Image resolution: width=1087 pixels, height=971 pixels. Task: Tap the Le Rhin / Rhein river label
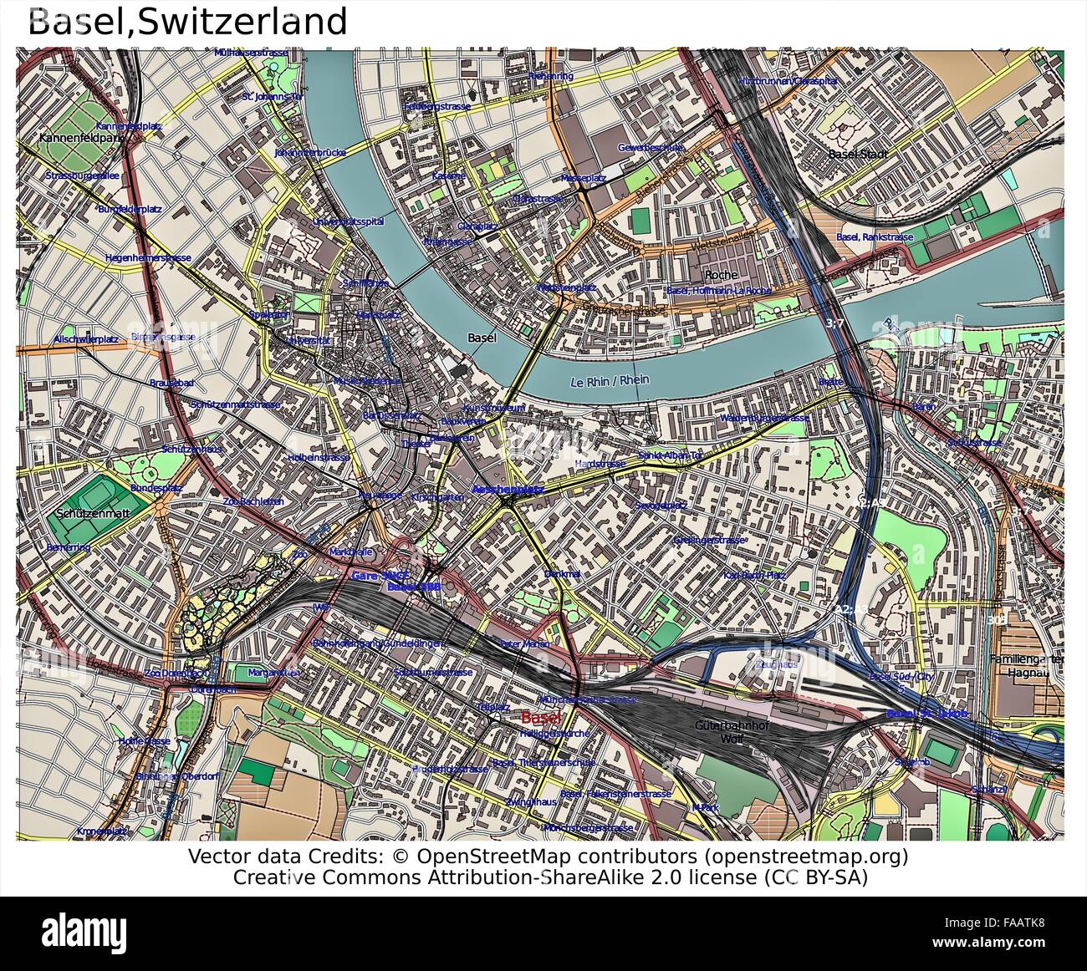click(x=609, y=380)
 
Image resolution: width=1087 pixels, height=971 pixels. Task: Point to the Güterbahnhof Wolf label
click(x=732, y=732)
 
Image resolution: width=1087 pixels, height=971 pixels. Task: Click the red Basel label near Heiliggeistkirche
click(x=541, y=718)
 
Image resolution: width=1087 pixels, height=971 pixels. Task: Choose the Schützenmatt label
click(x=93, y=513)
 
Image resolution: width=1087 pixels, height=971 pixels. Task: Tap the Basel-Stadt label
click(x=857, y=155)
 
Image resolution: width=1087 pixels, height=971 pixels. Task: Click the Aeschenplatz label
click(x=508, y=489)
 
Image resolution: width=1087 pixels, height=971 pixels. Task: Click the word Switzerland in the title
click(x=242, y=22)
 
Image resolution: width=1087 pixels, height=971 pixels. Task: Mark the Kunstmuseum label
click(x=493, y=408)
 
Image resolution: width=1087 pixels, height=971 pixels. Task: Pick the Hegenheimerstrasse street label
click(x=148, y=258)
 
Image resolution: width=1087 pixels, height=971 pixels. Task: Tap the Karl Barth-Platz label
click(x=754, y=576)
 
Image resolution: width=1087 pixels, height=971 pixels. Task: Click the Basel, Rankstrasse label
click(x=875, y=237)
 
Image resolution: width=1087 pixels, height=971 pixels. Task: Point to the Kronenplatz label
click(x=102, y=831)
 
